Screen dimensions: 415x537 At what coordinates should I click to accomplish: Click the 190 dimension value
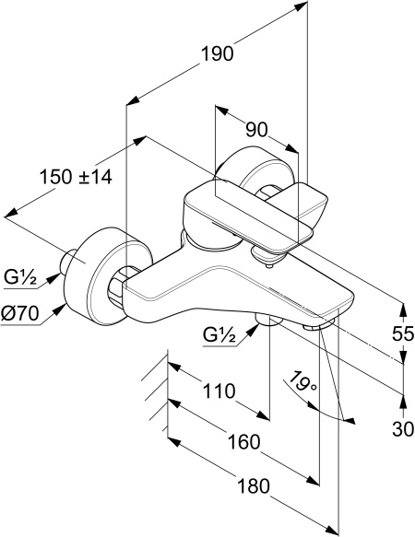tap(217, 53)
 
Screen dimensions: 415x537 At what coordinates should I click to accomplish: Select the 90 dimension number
tap(256, 130)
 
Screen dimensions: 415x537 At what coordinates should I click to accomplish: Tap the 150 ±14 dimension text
tap(76, 177)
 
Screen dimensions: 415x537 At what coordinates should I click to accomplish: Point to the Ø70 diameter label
tap(19, 313)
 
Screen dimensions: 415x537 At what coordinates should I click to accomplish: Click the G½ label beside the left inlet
tap(20, 277)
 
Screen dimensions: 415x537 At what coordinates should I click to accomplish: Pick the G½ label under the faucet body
tap(219, 334)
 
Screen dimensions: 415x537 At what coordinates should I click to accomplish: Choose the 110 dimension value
tap(219, 391)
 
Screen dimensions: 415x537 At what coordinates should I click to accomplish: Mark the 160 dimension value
tap(243, 442)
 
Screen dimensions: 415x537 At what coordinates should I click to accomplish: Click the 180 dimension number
tap(254, 486)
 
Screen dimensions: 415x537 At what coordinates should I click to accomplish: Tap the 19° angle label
tap(302, 380)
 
